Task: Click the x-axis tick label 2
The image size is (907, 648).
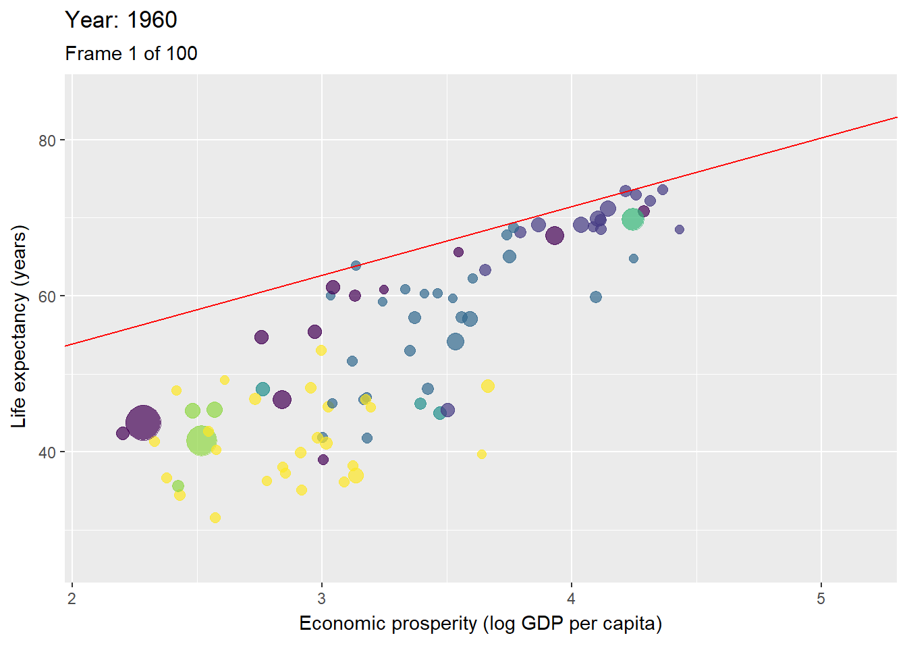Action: tap(72, 599)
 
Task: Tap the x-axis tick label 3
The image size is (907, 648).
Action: tap(322, 599)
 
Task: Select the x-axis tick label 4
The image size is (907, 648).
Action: tap(572, 599)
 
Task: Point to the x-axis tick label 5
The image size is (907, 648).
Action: tap(821, 599)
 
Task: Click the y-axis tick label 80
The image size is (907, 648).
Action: tap(47, 141)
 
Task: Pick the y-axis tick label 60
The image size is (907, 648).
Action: tap(47, 296)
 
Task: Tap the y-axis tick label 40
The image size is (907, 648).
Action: tap(47, 452)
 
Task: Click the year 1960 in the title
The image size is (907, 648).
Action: tap(152, 20)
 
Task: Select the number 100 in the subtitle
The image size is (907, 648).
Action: tap(181, 54)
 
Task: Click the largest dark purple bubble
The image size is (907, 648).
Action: tap(143, 423)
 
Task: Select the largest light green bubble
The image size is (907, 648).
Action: tap(201, 441)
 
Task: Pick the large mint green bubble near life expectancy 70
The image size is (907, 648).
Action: tap(632, 219)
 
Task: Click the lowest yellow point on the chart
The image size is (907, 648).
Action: tap(215, 518)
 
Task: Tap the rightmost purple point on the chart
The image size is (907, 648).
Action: tap(680, 230)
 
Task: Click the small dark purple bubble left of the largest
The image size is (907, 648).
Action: tap(123, 433)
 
